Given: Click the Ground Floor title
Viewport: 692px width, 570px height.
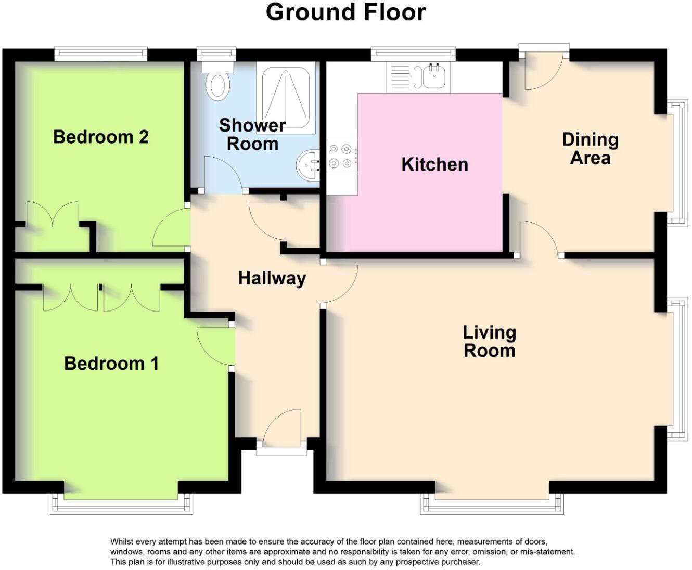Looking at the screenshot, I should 345,12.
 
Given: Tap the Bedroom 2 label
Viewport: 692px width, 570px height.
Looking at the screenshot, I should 101,137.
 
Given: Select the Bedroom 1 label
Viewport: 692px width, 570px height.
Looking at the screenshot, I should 111,363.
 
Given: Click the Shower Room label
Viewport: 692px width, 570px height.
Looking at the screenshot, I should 252,134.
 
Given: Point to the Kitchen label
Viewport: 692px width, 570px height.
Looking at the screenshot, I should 434,164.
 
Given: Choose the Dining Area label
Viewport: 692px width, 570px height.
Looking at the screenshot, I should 590,148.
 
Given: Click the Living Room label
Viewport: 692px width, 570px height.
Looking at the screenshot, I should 489,341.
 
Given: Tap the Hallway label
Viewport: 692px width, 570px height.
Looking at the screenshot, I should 272,278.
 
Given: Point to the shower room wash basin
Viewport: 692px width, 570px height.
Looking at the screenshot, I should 308,165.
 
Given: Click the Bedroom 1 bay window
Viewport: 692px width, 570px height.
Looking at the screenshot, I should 121,503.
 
